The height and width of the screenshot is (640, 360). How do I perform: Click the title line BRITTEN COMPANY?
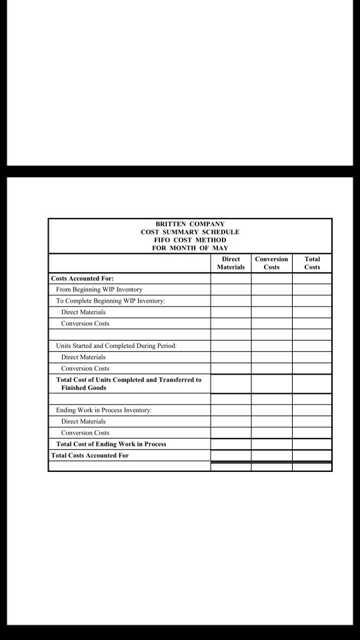[190, 225]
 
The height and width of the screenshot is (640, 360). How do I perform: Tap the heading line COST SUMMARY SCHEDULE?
[190, 232]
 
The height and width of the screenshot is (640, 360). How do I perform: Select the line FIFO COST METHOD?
[190, 240]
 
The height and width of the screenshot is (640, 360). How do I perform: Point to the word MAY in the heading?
[221, 248]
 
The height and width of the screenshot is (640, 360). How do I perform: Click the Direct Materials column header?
[231, 263]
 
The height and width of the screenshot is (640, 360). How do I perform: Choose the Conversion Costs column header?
[271, 263]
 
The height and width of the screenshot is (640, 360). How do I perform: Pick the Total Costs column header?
[312, 263]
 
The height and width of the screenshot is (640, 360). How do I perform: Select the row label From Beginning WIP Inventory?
[99, 290]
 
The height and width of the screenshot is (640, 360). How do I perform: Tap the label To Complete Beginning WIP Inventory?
[111, 301]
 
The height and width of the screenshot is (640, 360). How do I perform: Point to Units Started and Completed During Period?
[116, 346]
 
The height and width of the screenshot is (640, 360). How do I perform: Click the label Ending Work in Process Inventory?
[104, 410]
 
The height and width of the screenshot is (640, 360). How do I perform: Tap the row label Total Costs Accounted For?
[90, 455]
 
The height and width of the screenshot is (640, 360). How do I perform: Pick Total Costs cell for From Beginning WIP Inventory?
[312, 290]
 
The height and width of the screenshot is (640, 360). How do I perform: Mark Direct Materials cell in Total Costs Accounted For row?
[231, 455]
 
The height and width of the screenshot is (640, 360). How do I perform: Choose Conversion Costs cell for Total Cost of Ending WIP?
[271, 444]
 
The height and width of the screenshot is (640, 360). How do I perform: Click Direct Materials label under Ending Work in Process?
[83, 421]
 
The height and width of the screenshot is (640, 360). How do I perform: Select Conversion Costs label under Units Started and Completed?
[85, 368]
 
